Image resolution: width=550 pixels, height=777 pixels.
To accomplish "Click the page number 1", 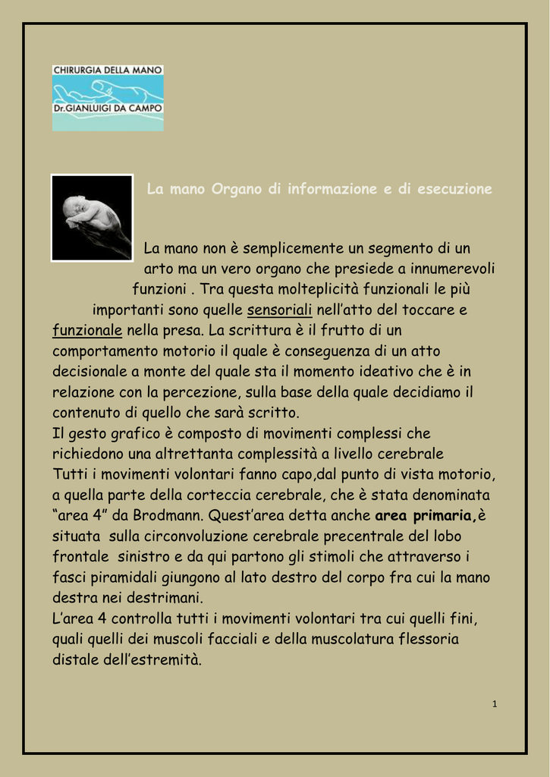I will pos(494,705).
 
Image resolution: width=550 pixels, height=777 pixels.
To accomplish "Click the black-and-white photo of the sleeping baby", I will pos(92,218).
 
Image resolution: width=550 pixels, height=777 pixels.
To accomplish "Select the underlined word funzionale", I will pos(87,330).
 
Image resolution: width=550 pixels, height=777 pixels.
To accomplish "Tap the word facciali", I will pos(225,639).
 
